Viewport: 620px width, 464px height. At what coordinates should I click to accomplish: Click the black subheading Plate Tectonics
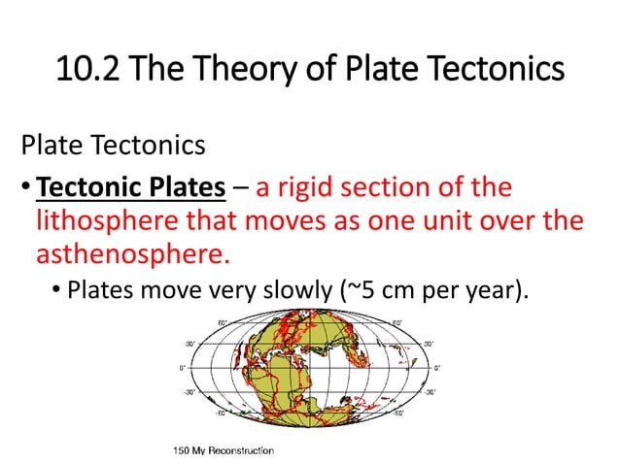pos(113,146)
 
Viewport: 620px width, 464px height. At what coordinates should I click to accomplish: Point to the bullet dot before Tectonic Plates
pos(26,186)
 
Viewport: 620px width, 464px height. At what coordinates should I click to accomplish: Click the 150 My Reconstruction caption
pos(223,451)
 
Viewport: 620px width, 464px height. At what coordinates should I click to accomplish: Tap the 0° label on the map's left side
pos(181,368)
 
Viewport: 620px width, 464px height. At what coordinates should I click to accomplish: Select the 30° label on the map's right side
pos(429,343)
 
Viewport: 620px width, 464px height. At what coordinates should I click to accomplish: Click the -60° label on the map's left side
pos(221,414)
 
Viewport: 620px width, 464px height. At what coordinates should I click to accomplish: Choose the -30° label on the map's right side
pos(429,393)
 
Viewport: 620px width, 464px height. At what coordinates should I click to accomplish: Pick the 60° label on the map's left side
pos(222,323)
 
